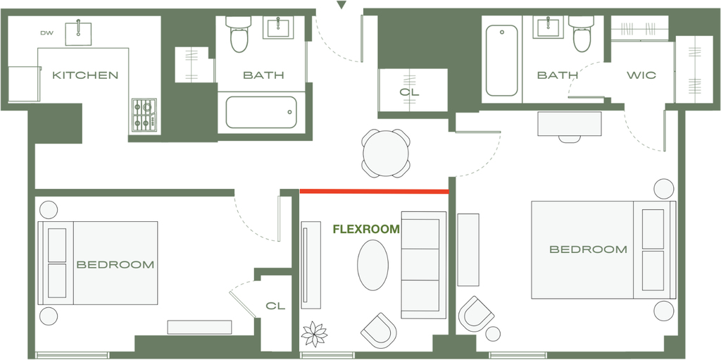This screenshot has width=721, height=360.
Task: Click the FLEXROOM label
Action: [366, 229]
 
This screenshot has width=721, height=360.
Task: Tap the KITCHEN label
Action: [85, 75]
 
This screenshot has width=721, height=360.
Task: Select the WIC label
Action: [641, 75]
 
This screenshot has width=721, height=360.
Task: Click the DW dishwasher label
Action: [46, 33]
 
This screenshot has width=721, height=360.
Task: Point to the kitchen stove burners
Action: [144, 115]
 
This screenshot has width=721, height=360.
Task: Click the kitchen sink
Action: [78, 32]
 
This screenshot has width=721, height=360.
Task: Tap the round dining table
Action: [386, 154]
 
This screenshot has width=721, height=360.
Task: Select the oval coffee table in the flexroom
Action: [373, 265]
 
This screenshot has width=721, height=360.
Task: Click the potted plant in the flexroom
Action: [314, 334]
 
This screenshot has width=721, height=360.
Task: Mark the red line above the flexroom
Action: [375, 191]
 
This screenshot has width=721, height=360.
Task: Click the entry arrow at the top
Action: [341, 5]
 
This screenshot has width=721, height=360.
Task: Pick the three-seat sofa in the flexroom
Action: [423, 265]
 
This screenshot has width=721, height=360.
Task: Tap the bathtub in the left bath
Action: [261, 112]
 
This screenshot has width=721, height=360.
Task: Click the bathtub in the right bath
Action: [501, 61]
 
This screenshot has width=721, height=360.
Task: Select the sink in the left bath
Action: [278, 27]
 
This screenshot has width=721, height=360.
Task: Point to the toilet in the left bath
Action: [239, 34]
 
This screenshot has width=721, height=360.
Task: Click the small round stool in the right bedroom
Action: [493, 334]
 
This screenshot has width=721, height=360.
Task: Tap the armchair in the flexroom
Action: [379, 330]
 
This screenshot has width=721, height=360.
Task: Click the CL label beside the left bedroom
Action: [275, 306]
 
